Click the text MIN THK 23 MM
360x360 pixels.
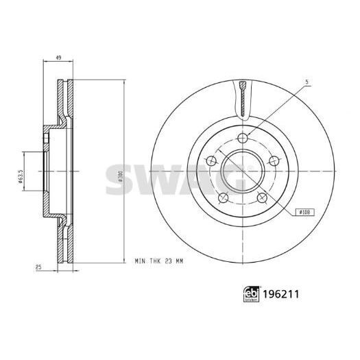159,261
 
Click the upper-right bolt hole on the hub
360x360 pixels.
274,160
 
